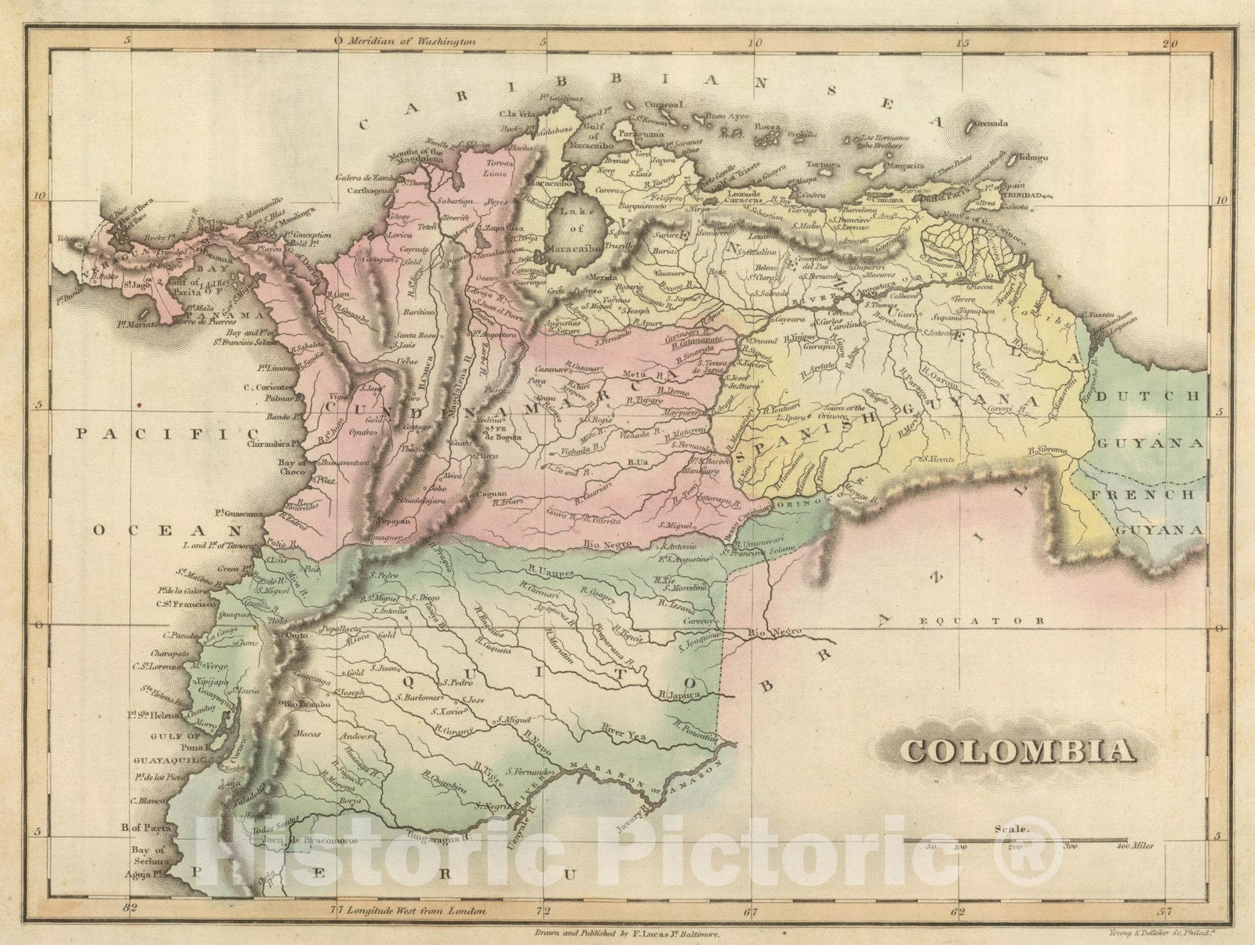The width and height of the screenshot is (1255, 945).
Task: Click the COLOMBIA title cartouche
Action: click(x=1017, y=751)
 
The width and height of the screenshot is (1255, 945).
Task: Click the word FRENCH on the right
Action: click(x=1154, y=495)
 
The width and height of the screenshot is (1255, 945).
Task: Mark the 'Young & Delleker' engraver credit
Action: click(x=1160, y=933)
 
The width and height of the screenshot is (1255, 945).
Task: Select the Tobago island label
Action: click(x=1033, y=158)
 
